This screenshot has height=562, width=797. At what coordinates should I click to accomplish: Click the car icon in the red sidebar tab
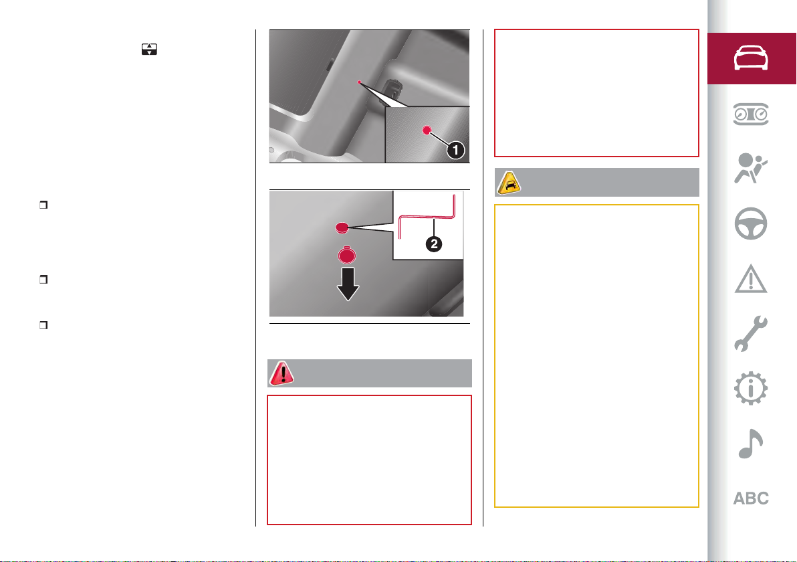point(751,58)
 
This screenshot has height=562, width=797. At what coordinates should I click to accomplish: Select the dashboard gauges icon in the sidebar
point(751,114)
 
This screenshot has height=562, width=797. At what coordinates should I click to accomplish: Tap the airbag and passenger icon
point(750,169)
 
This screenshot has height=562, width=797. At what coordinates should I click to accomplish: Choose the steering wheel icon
point(751,223)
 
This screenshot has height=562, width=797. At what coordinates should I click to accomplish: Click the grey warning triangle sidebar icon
point(751,279)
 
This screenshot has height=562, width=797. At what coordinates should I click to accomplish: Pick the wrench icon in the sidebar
point(751,334)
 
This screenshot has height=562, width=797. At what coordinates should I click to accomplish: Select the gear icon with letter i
point(751,389)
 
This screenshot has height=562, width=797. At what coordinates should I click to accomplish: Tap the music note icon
point(750,444)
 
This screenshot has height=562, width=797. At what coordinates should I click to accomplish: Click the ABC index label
point(751,498)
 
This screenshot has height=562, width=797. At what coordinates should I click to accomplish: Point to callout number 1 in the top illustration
point(455,150)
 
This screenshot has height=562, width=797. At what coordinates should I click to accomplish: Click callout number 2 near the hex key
point(433,244)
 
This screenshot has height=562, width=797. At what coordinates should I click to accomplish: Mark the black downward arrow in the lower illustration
point(348,284)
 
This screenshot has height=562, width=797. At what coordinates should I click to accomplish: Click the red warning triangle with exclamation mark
point(281,373)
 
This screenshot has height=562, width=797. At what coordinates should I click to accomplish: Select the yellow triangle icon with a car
point(509,183)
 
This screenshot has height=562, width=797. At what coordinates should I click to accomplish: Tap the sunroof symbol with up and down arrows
point(149,50)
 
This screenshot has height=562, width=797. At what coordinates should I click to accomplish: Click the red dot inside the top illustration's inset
point(427,130)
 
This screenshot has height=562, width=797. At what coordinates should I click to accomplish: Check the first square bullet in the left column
point(43,205)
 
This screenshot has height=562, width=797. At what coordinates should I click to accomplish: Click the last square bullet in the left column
point(43,325)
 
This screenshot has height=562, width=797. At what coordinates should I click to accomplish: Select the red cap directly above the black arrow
point(346,255)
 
